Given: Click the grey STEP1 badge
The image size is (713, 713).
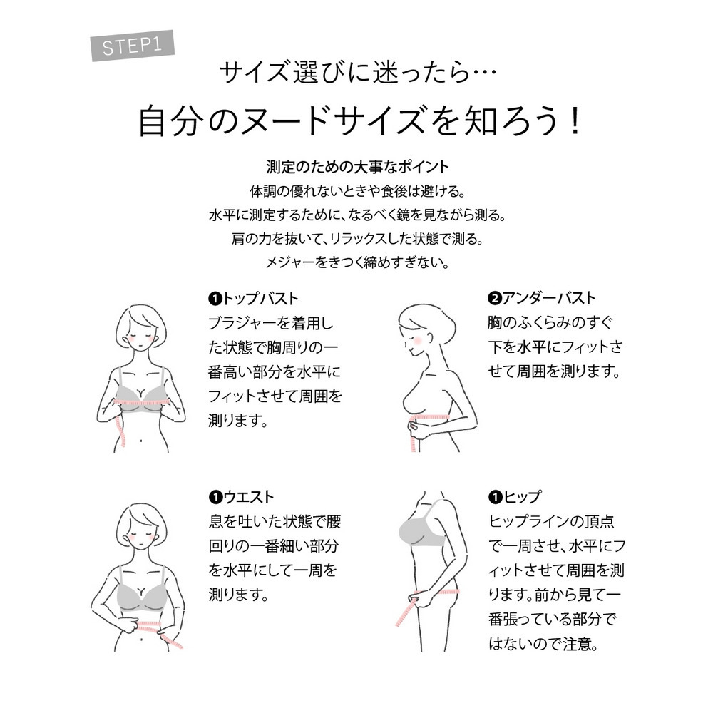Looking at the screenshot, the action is point(133,46).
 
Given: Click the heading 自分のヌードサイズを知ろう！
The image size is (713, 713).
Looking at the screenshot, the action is point(359,121).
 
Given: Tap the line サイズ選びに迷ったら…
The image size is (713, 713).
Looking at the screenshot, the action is point(358,73).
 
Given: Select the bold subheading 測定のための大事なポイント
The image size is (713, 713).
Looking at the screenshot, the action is point(357,167).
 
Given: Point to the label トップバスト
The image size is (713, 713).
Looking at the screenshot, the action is point(260,299).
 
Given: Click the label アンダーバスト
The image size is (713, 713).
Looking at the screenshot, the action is point(548,298).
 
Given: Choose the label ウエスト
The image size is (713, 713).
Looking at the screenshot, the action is point(248,497).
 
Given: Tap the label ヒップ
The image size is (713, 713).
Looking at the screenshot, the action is point(522,497).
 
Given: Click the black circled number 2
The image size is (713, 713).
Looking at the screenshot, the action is point(494,299).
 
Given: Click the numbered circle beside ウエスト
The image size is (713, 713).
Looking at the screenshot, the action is point(215,498).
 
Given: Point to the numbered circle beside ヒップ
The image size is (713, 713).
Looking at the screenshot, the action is point(495,498).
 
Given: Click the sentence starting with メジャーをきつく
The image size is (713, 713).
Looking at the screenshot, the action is point(357,262).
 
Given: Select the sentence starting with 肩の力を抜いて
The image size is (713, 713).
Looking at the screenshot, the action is point(357,239).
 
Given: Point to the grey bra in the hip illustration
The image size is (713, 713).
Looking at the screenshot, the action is point(421,528).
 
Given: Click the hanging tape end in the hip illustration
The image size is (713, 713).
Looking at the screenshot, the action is point(405,615).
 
